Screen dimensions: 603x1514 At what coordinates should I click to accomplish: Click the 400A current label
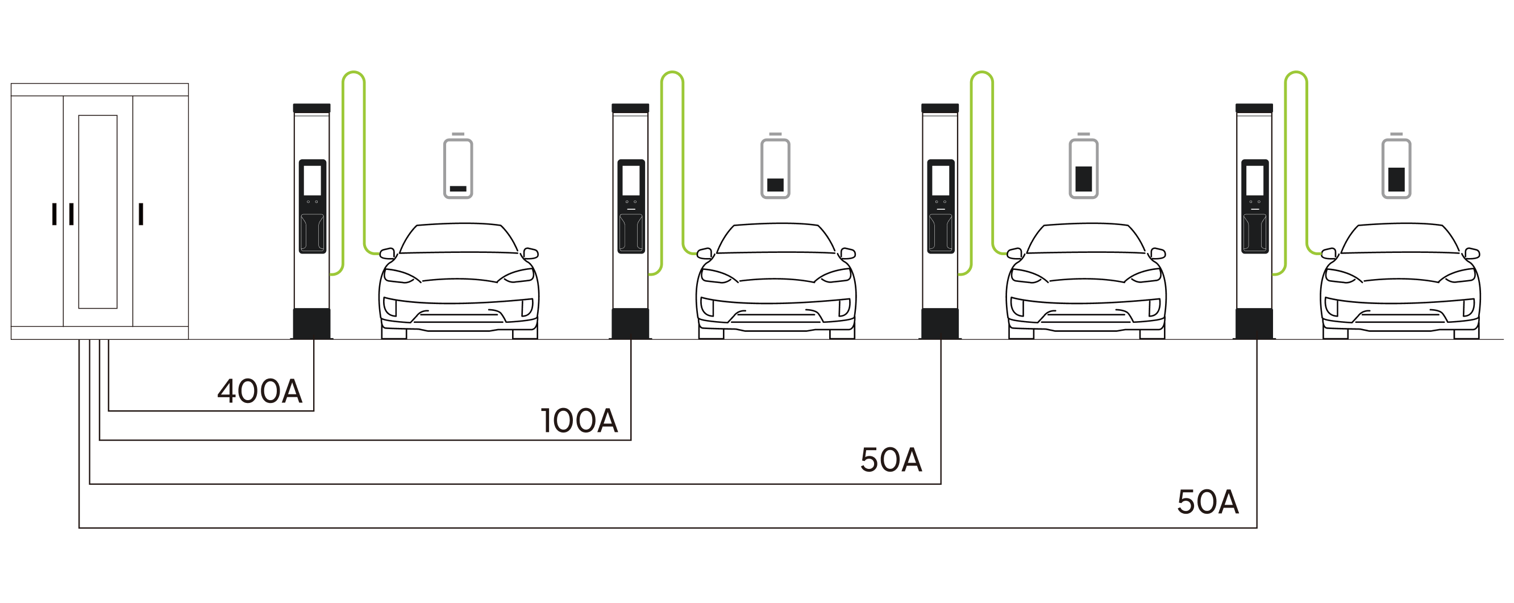click(260, 392)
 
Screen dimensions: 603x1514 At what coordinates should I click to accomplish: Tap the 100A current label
click(579, 421)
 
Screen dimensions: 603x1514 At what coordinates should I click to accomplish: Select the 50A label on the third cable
click(891, 460)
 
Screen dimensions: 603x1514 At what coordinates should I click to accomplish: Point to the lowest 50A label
click(1208, 503)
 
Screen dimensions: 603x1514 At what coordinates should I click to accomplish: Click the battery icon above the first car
click(458, 168)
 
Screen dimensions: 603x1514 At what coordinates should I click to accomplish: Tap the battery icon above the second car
click(775, 168)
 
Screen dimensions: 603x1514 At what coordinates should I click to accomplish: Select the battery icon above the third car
click(1083, 168)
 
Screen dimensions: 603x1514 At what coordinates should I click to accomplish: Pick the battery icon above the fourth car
click(1396, 168)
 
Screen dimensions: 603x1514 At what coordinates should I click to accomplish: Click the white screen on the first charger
click(312, 180)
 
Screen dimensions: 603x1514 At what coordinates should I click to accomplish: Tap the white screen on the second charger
click(631, 180)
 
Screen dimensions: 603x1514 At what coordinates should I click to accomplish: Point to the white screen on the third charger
click(941, 180)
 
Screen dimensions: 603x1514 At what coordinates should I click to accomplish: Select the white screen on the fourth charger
click(1254, 180)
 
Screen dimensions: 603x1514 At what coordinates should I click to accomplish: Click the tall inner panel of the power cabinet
click(98, 211)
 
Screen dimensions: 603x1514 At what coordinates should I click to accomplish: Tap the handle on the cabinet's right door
click(141, 214)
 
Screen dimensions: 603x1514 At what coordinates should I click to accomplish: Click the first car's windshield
click(458, 240)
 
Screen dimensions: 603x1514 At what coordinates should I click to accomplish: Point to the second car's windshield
click(775, 240)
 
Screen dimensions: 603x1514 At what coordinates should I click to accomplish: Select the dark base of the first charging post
click(312, 323)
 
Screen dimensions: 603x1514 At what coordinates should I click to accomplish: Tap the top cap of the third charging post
click(941, 108)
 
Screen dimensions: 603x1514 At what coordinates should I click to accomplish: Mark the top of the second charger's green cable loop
click(672, 72)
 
